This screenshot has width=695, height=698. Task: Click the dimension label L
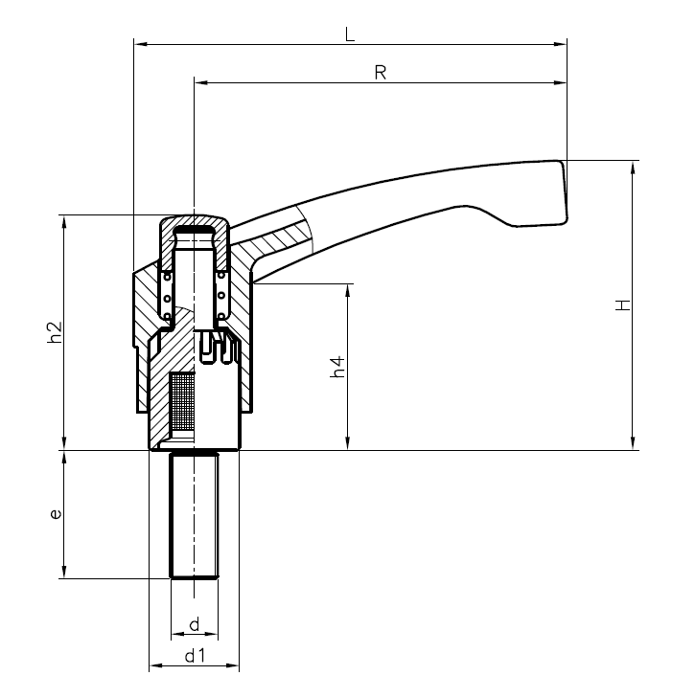coord(350,34)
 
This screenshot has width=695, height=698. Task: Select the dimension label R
coord(380,73)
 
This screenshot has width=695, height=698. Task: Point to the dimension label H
coord(623,305)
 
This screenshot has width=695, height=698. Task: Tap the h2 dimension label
coord(55,331)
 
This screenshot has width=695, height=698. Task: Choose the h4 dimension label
coord(337,366)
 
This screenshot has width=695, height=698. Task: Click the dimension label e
coord(56,514)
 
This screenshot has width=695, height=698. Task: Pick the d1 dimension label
coord(195,656)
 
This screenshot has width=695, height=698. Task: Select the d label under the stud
coord(194,625)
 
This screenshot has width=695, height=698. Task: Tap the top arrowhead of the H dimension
coord(633,166)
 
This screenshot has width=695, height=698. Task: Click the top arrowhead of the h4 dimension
coord(346,288)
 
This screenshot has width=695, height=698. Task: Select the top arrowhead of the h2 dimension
coord(64,219)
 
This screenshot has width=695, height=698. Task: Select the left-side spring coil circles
coord(167,296)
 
